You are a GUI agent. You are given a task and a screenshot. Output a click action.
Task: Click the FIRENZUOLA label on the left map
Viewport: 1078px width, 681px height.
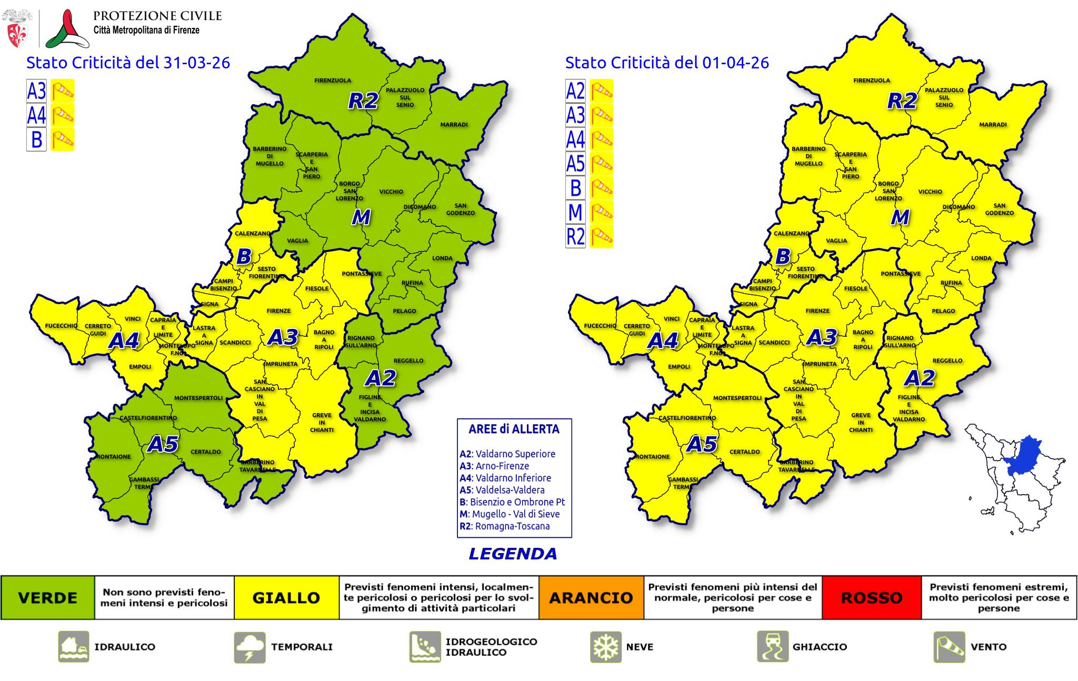click(333, 81)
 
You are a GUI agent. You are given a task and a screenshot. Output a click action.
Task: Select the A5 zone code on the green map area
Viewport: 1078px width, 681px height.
click(163, 444)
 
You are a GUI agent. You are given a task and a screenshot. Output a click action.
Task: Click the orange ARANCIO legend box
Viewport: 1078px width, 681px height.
click(591, 598)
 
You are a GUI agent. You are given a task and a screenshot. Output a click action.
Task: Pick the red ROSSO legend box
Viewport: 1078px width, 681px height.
click(871, 598)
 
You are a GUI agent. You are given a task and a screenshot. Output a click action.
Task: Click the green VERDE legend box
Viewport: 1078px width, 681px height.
click(47, 598)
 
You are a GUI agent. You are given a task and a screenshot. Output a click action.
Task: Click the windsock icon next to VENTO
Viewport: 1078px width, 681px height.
click(949, 647)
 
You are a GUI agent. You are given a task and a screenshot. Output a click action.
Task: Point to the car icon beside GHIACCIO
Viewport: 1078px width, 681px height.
click(773, 647)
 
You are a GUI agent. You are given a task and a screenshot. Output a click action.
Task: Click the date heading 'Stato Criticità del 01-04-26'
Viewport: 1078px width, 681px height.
click(667, 63)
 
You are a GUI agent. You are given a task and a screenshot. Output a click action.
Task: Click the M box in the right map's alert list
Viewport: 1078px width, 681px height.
click(575, 212)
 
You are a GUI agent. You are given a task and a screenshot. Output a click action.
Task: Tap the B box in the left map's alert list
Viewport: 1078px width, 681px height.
click(36, 139)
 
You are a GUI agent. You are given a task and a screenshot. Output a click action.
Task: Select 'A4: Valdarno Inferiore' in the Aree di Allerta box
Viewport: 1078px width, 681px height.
click(505, 478)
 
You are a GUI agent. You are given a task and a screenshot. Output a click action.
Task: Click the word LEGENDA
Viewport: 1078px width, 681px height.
click(513, 554)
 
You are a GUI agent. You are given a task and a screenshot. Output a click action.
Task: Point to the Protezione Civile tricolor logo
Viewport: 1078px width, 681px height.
click(67, 29)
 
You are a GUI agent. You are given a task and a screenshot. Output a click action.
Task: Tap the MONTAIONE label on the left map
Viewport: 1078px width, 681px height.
click(113, 456)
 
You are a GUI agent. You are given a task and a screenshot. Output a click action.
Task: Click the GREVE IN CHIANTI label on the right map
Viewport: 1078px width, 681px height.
click(861, 422)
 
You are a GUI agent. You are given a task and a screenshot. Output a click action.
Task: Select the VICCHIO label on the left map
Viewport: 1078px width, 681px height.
click(391, 192)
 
